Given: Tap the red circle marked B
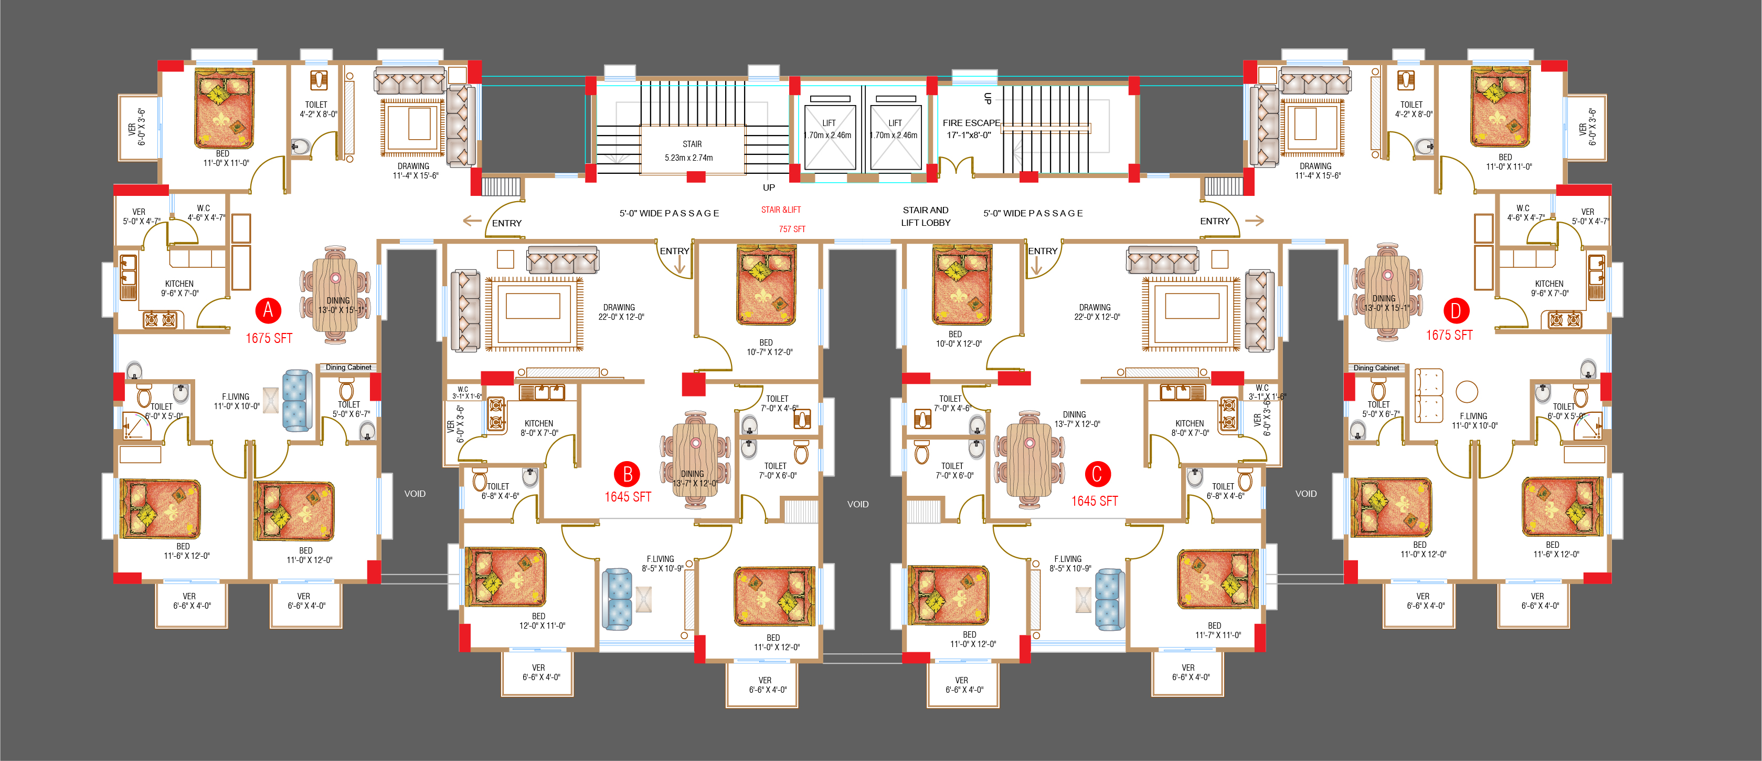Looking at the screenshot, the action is pyautogui.click(x=627, y=474).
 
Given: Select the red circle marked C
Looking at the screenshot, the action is pyautogui.click(x=1097, y=474).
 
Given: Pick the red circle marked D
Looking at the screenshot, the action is pyautogui.click(x=1456, y=311).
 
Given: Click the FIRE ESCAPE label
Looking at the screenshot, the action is pyautogui.click(x=971, y=129).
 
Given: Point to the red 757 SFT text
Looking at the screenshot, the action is pyautogui.click(x=792, y=230).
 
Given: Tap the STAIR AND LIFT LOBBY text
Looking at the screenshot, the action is pyautogui.click(x=926, y=216).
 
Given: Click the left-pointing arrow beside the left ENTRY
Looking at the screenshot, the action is pyautogui.click(x=472, y=221).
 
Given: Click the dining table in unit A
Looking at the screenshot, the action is pyautogui.click(x=335, y=294).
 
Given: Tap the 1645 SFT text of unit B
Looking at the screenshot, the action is pyautogui.click(x=628, y=497).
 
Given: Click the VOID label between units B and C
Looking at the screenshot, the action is pyautogui.click(x=858, y=504).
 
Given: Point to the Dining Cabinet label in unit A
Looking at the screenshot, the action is pyautogui.click(x=348, y=368).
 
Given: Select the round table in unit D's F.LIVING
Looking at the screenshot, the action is pyautogui.click(x=1467, y=391).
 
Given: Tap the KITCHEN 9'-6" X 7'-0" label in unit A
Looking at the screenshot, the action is pyautogui.click(x=180, y=288).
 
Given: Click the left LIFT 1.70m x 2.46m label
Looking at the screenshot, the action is pyautogui.click(x=829, y=129).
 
